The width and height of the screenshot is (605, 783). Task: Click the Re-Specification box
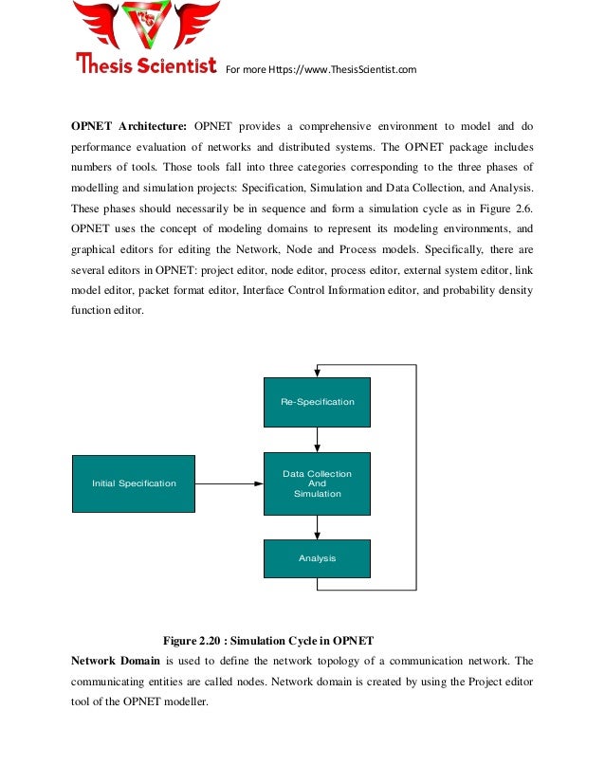tap(317, 402)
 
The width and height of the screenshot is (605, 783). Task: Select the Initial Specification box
tap(134, 483)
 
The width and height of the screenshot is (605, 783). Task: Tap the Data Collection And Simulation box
tap(317, 483)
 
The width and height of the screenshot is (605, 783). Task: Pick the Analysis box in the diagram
tap(317, 558)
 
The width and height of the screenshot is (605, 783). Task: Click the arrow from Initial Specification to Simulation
tap(229, 483)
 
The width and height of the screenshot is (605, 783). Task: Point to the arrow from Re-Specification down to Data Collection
tap(317, 439)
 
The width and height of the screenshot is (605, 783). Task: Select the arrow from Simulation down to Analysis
tap(317, 527)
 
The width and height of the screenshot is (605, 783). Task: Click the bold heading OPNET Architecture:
tap(129, 126)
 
